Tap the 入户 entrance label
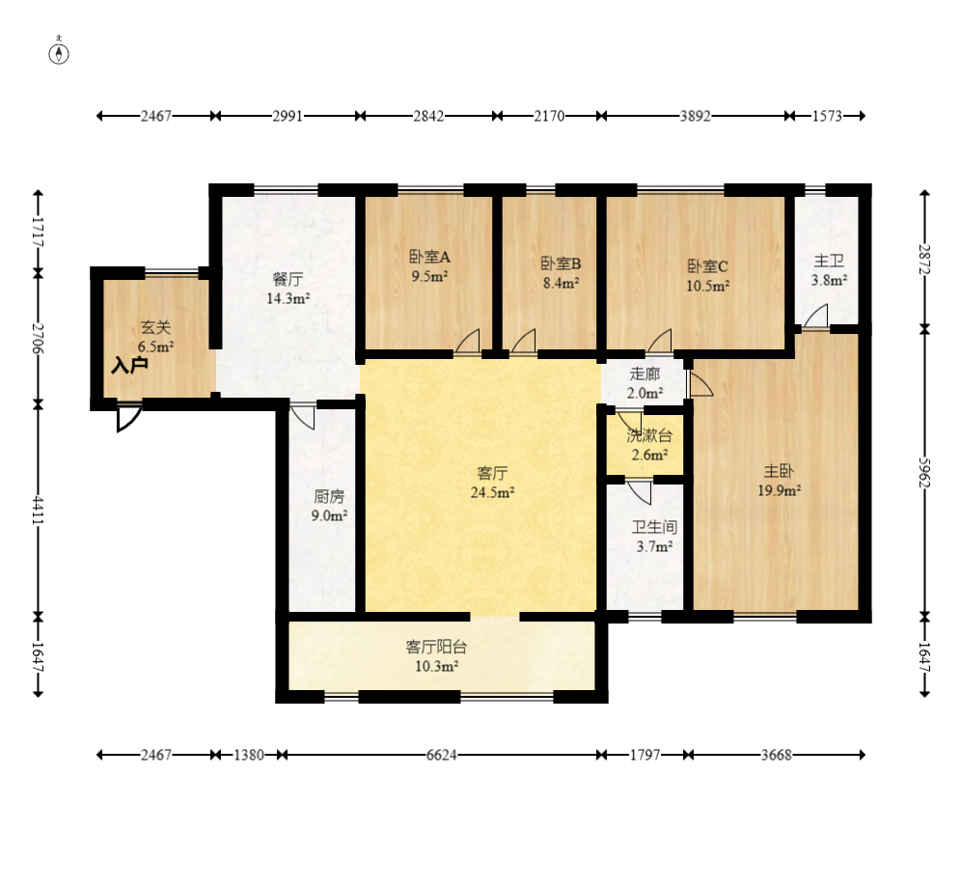click(129, 366)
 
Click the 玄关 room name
click(155, 328)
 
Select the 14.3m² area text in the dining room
click(288, 299)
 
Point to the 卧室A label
click(429, 256)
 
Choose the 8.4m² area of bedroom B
click(562, 283)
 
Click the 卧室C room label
click(708, 266)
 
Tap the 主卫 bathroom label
click(829, 262)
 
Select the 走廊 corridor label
click(645, 374)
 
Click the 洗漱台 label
click(649, 436)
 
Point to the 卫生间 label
click(654, 527)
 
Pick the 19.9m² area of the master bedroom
click(780, 490)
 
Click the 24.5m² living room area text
click(492, 492)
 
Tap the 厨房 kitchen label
click(329, 496)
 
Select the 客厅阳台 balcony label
click(437, 648)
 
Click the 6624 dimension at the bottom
click(441, 755)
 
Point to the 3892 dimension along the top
click(695, 116)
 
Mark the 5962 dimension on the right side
click(925, 473)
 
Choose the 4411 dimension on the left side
click(38, 511)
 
